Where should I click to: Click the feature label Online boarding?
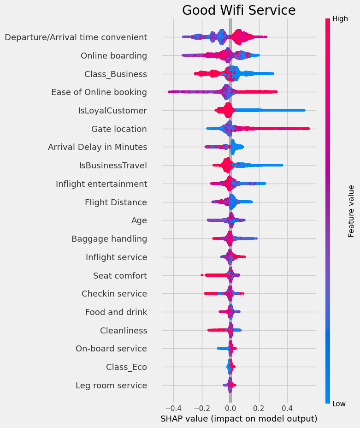(x=114, y=56)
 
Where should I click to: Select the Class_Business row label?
(x=116, y=74)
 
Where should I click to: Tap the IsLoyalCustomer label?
(x=113, y=111)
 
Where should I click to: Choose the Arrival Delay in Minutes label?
(x=98, y=147)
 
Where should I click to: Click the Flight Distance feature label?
(x=116, y=202)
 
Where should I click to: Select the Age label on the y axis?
(x=139, y=220)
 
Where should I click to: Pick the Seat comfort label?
(x=120, y=276)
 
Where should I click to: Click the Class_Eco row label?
(x=126, y=367)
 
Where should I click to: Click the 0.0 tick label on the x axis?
(x=230, y=408)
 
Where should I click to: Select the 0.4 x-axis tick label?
(x=287, y=408)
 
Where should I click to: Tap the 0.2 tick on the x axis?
(x=259, y=408)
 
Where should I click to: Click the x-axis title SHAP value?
(x=239, y=419)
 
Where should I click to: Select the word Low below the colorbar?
(x=339, y=404)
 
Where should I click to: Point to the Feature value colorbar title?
(x=351, y=211)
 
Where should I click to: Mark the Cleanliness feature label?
(x=124, y=331)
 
